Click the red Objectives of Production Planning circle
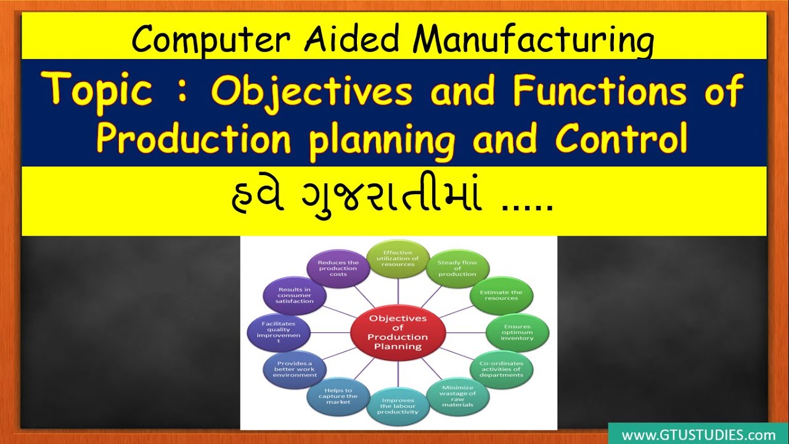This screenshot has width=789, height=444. tap(398, 332)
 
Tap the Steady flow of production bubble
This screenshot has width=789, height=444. tap(457, 269)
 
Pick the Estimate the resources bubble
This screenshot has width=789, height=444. tap(501, 295)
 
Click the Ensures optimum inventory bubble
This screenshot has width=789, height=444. tap(517, 332)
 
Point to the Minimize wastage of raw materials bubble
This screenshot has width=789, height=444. tap(457, 397)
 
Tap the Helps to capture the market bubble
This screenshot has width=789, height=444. tap(338, 397)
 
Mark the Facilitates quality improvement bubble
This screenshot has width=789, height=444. tap(278, 332)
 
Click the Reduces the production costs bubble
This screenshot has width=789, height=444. tap(338, 269)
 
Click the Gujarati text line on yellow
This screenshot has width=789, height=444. tap(392, 200)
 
